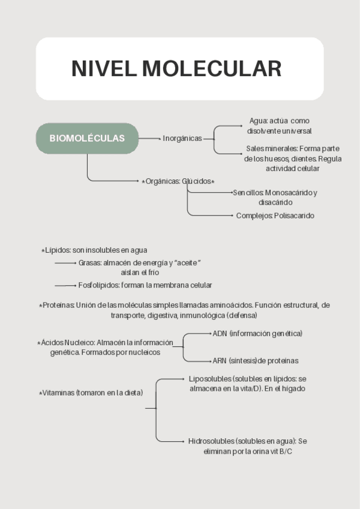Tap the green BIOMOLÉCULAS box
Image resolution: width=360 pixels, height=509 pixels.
pyautogui.click(x=87, y=138)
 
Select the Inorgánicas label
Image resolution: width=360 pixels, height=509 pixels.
pyautogui.click(x=182, y=139)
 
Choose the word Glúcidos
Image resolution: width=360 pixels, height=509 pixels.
pyautogui.click(x=200, y=181)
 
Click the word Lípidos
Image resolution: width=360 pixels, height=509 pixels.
pyautogui.click(x=58, y=250)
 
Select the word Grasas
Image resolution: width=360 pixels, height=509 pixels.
pyautogui.click(x=89, y=263)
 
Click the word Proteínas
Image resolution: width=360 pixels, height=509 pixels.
pyautogui.click(x=58, y=305)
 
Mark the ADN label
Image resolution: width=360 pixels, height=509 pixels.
pyautogui.click(x=220, y=333)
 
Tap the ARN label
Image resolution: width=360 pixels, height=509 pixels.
pyautogui.click(x=220, y=361)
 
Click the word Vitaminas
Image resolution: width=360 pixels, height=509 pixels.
pyautogui.click(x=58, y=393)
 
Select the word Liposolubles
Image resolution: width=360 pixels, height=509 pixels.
pyautogui.click(x=210, y=379)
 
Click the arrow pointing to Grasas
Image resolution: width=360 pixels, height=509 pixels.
pyautogui.click(x=65, y=263)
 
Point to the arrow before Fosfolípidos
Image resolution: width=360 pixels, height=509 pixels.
pyautogui.click(x=65, y=286)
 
